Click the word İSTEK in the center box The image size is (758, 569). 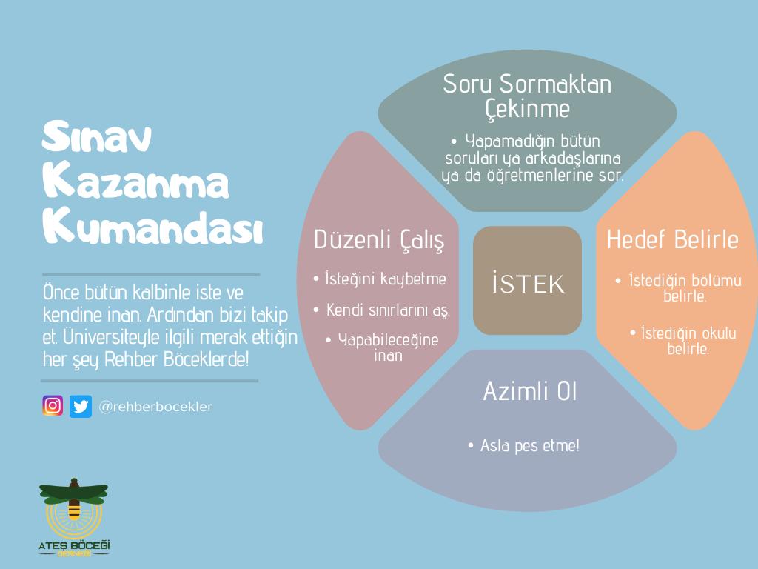(527, 283)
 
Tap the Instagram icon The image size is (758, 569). (53, 406)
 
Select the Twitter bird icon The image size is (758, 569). (81, 406)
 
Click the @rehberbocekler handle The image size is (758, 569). (155, 407)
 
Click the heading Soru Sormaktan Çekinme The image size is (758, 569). (527, 96)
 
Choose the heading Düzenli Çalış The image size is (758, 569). (379, 239)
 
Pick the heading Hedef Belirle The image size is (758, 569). (673, 239)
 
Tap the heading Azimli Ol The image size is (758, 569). (529, 391)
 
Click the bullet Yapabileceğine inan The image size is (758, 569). (382, 347)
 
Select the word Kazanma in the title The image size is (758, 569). (136, 183)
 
